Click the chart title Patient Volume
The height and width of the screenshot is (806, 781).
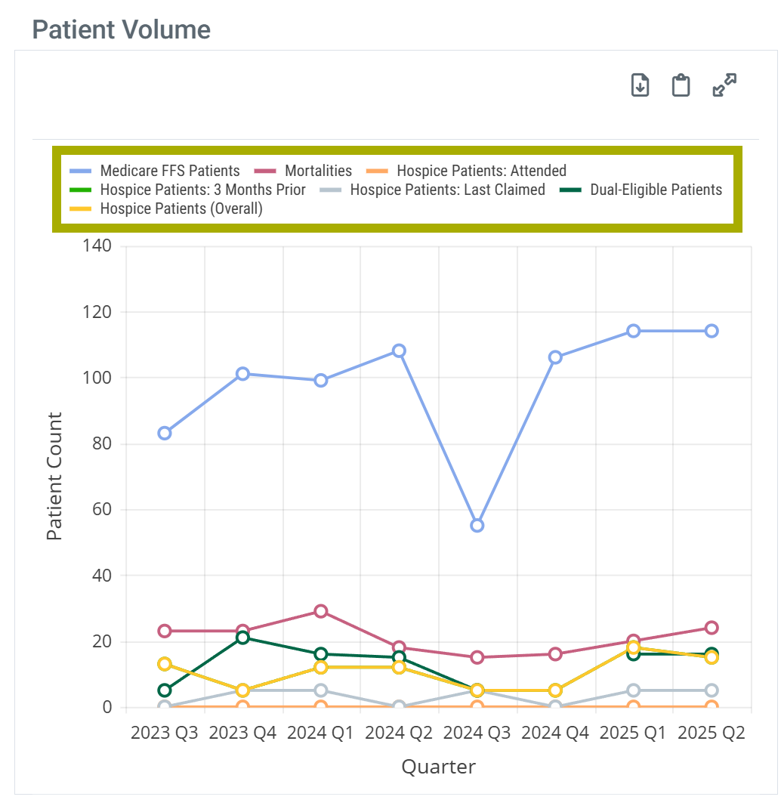pos(122,30)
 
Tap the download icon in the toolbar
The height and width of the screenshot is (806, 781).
pos(640,85)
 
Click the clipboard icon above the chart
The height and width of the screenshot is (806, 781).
pos(681,85)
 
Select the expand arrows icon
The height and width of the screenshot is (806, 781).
pos(724,85)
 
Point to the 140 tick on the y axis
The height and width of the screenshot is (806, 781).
pos(97,246)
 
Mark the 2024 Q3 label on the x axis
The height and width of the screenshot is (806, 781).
pos(477,733)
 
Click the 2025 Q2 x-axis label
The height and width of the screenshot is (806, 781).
pos(712,733)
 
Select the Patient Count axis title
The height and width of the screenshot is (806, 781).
pos(54,476)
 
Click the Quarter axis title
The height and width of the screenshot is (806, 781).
pos(438,767)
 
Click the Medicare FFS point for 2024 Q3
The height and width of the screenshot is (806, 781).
pos(477,525)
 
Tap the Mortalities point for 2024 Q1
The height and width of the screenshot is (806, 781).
pos(320,611)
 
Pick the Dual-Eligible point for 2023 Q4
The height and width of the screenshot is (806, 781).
pos(242,638)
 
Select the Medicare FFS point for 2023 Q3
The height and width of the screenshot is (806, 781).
pos(165,433)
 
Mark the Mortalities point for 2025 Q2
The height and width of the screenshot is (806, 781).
pos(712,628)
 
